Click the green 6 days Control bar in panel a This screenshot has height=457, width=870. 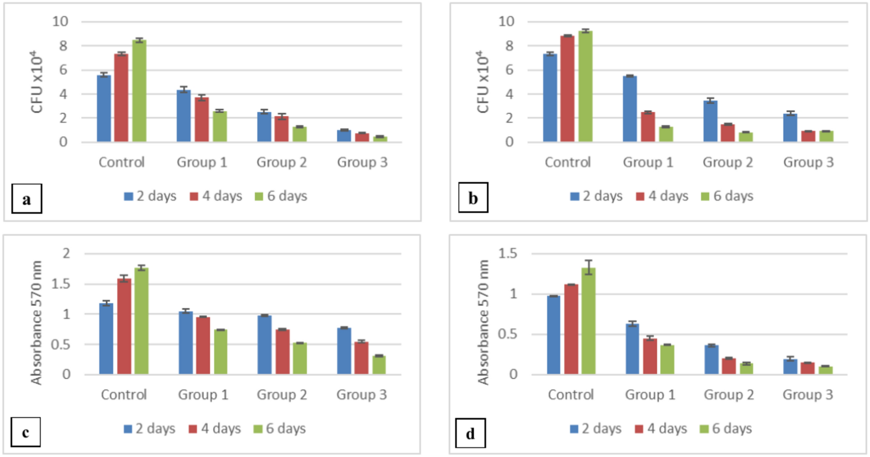pos(139,91)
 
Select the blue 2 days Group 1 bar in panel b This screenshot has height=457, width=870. pos(629,109)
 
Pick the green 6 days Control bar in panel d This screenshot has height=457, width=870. pos(588,321)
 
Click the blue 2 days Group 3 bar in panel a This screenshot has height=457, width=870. pos(344,136)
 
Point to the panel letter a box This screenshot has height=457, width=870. pos(27,199)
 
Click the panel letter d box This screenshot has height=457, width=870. pos(470,433)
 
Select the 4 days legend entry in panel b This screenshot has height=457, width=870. pos(662,196)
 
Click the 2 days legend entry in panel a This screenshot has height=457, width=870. pos(150,196)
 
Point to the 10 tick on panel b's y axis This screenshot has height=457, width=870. pos(506,21)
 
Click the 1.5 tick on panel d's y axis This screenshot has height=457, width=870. pos(508,253)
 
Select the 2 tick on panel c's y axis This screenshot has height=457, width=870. pos(66,253)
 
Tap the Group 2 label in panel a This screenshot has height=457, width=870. pos(281,162)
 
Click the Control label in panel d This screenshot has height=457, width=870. pos(570,395)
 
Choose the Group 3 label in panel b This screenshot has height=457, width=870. pos(808,162)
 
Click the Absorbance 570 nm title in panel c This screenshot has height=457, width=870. pos(36,322)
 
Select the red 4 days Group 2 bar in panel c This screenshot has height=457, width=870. pos(283,351)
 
